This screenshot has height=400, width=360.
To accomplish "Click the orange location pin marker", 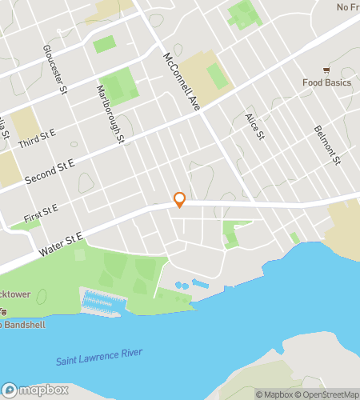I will click(179, 200).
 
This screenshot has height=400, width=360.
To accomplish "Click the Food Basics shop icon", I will click(326, 71).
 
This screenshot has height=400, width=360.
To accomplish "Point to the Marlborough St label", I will click(110, 115).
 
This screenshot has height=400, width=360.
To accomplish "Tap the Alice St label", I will click(254, 126).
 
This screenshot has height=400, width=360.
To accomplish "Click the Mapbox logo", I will click(34, 390).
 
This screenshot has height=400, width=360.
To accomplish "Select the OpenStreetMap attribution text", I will click(328, 394).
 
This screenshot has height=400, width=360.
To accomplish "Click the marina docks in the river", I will click(104, 302).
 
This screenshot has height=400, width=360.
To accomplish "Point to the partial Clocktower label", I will click(16, 294).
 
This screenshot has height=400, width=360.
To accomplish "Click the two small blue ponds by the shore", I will click(182, 285).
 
